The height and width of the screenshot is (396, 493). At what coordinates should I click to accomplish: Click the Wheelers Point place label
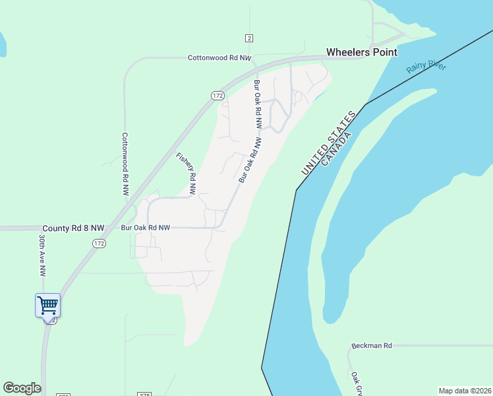pos(362,52)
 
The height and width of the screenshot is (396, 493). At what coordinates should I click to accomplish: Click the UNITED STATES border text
pos(328,143)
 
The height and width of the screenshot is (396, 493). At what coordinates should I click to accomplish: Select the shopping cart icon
pos(47,306)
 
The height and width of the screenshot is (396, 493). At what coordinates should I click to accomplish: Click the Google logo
pos(22,388)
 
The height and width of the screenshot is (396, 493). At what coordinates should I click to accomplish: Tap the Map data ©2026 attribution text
pos(465,390)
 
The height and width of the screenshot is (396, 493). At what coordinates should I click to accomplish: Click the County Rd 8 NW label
pos(73,228)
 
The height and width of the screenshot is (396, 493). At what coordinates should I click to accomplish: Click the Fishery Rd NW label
pos(187,173)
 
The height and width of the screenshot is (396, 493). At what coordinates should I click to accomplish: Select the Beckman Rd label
pos(372,345)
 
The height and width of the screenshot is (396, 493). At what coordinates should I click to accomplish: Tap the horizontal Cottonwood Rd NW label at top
pos(219,58)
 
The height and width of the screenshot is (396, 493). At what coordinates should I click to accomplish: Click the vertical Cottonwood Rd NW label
pos(125,164)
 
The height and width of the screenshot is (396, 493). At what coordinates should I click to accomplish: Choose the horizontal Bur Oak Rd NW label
pos(146,228)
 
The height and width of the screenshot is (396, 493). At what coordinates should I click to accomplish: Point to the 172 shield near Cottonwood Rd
pos(218,96)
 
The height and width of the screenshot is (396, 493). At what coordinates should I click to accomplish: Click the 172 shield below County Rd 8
pos(99,244)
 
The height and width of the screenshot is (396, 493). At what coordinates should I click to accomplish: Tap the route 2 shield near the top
pos(248,38)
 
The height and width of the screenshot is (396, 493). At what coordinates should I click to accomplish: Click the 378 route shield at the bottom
pos(145,394)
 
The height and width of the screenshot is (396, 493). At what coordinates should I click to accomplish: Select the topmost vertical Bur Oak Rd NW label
pos(258,104)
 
